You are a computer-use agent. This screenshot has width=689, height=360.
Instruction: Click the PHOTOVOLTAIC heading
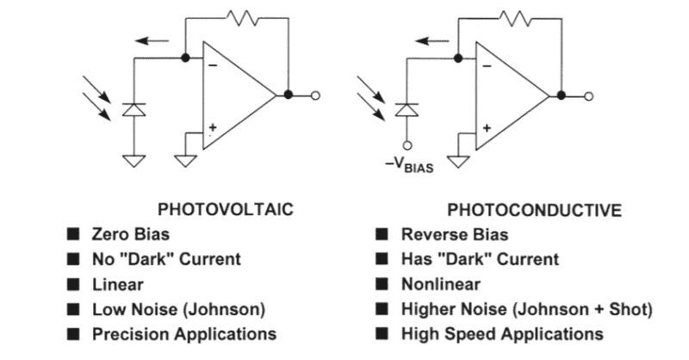pyautogui.click(x=225, y=208)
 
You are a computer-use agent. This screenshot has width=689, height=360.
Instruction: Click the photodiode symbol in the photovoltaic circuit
pyautogui.click(x=133, y=109)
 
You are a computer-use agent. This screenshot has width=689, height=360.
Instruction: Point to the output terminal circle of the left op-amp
pyautogui.click(x=315, y=95)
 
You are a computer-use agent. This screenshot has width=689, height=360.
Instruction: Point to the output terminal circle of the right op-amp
pyautogui.click(x=589, y=96)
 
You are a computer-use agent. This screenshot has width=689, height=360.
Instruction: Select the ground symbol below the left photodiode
pyautogui.click(x=133, y=159)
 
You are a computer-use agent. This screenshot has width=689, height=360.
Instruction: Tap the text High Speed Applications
pyautogui.click(x=502, y=333)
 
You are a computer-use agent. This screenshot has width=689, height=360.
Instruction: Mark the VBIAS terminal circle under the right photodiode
pyautogui.click(x=407, y=146)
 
